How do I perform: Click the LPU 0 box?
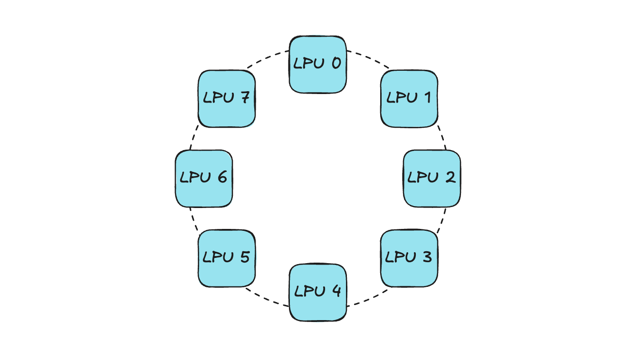click(317, 64)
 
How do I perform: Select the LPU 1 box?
click(409, 99)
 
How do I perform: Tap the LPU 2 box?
click(432, 179)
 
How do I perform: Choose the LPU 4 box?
click(317, 293)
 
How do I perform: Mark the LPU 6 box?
click(203, 179)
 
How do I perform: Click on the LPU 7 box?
click(226, 99)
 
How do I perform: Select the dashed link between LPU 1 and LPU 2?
click(442, 138)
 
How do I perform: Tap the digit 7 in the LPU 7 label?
click(245, 98)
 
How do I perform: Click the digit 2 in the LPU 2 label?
click(450, 178)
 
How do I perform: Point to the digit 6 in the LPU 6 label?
click(221, 178)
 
